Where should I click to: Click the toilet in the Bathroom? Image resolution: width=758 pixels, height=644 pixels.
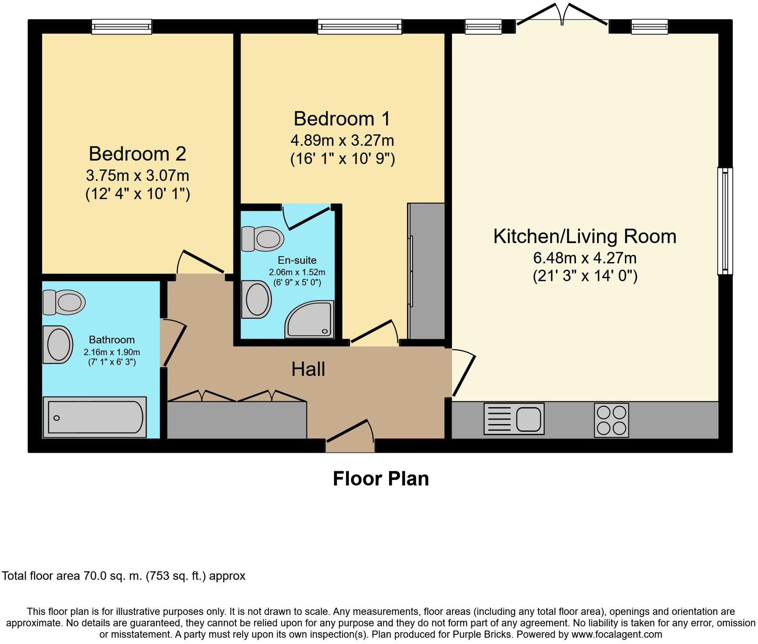tap(64, 303)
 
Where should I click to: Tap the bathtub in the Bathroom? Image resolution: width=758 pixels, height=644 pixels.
tap(95, 417)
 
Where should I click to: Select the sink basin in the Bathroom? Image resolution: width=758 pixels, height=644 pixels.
tap(58, 345)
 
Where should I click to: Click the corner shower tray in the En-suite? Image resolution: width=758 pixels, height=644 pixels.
tap(310, 319)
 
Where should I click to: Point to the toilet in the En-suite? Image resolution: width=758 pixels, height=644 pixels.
tap(263, 238)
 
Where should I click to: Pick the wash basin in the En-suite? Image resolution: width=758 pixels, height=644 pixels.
tap(256, 299)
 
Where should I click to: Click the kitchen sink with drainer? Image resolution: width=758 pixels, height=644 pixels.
tap(514, 419)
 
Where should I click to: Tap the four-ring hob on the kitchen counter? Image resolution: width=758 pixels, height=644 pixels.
tap(611, 420)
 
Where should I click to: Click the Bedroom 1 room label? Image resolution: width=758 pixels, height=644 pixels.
tap(342, 119)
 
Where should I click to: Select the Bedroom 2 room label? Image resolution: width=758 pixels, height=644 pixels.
tap(137, 153)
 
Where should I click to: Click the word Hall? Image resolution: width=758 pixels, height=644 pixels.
tap(308, 369)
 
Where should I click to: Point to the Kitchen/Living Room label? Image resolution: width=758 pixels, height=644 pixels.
tap(585, 236)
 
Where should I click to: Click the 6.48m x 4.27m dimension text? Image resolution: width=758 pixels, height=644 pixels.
tap(585, 258)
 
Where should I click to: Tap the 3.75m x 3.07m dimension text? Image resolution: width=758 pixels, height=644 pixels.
tap(138, 175)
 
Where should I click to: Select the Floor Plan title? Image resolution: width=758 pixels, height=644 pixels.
tap(381, 479)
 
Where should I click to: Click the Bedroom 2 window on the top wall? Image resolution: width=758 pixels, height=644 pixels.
tap(122, 27)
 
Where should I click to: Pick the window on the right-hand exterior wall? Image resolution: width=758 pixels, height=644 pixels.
tap(725, 221)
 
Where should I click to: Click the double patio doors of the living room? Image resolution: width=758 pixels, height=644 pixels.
tap(563, 15)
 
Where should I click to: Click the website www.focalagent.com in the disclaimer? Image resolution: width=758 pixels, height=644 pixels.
tap(616, 634)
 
